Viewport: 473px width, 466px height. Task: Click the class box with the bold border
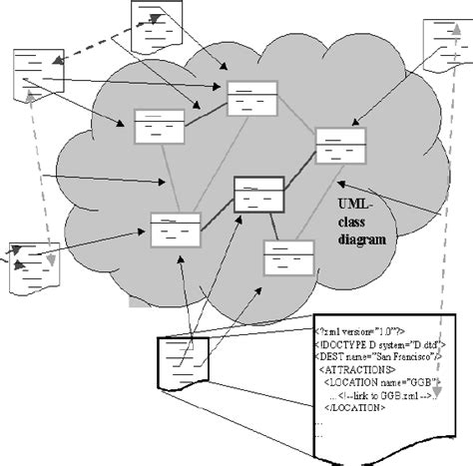257,193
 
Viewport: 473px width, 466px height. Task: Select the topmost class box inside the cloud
251,100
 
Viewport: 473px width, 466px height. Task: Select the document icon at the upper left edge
32,76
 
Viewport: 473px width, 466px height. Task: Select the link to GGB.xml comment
385,394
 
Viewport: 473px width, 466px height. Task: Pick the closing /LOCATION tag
356,407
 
